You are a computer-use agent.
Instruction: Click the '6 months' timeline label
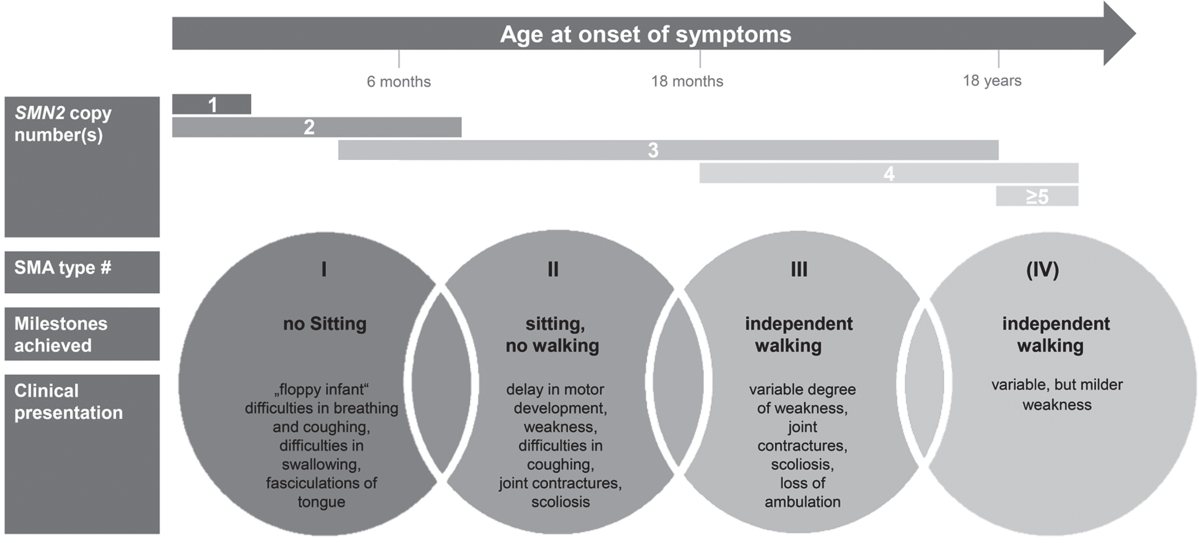pos(398,82)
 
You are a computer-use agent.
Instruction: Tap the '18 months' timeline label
pos(687,82)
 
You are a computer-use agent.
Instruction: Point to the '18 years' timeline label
pos(992,80)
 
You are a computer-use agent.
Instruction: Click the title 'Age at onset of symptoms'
pos(646,34)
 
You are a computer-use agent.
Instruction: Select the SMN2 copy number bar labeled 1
pos(211,104)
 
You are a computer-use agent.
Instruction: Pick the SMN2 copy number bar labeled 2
pos(316,127)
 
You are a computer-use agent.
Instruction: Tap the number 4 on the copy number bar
pos(889,174)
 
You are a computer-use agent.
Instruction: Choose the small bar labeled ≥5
pos(1037,196)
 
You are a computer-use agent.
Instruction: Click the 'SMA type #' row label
pos(63,268)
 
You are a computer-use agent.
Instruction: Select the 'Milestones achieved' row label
pos(60,335)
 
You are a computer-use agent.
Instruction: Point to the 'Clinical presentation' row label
pos(69,401)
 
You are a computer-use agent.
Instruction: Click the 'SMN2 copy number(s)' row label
pos(63,124)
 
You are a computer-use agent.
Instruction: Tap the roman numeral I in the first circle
pos(324,269)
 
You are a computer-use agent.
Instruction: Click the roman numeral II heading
pos(553,269)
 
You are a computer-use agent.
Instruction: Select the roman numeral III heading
pos(799,269)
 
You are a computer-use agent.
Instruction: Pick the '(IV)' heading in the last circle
pos(1043,270)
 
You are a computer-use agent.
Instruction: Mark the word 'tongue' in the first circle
pos(322,502)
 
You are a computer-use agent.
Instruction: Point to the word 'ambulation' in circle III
pos(803,502)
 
